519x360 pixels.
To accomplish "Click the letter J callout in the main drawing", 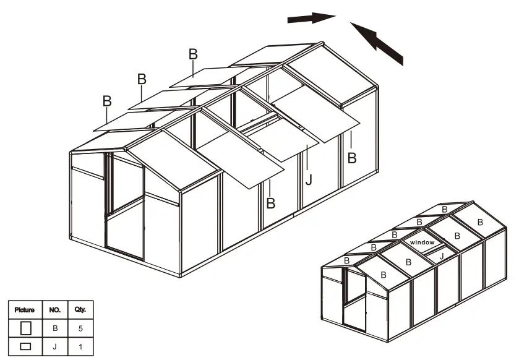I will pyautogui.click(x=308, y=180).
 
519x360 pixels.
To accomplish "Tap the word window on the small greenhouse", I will pyautogui.click(x=422, y=243).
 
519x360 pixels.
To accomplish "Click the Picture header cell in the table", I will pyautogui.click(x=25, y=309).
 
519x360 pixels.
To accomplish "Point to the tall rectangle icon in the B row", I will pyautogui.click(x=25, y=328).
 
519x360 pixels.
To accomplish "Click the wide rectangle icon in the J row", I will pyautogui.click(x=25, y=347).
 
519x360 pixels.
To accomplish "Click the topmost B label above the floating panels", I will pyautogui.click(x=193, y=54).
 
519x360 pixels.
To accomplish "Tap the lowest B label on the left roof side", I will pyautogui.click(x=107, y=101).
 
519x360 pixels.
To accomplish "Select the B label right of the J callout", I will pyautogui.click(x=351, y=158).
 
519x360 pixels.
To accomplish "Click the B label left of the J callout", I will pyautogui.click(x=270, y=203).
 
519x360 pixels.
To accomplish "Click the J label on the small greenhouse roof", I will pyautogui.click(x=441, y=255).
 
